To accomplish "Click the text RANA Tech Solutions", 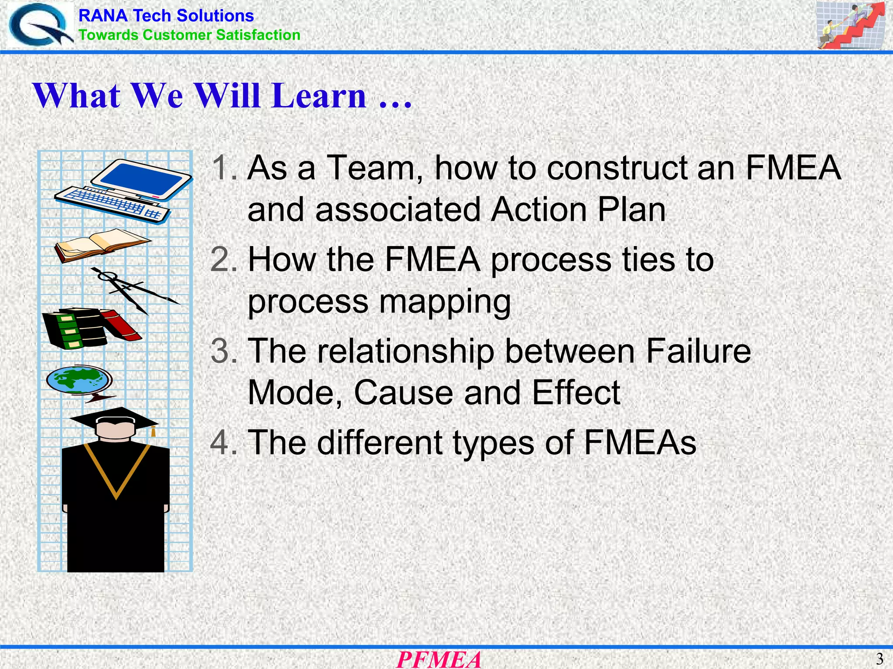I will tap(166, 16).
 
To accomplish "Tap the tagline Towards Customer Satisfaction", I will tap(189, 35).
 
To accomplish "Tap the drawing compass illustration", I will tap(131, 290).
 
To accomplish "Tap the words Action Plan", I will tap(578, 210).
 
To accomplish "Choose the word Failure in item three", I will tap(698, 351).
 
